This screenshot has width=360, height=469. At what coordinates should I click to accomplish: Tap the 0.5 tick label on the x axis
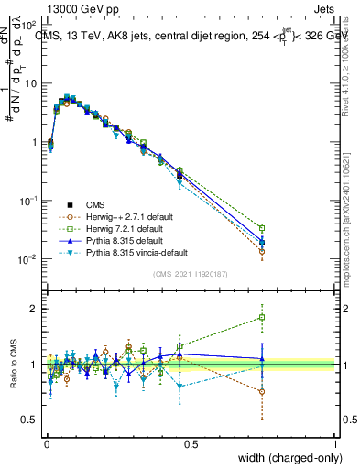tap(191, 443)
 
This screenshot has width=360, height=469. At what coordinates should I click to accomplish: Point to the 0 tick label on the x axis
tap(46, 443)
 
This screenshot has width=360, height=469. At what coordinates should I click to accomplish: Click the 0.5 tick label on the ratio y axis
tap(31, 422)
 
